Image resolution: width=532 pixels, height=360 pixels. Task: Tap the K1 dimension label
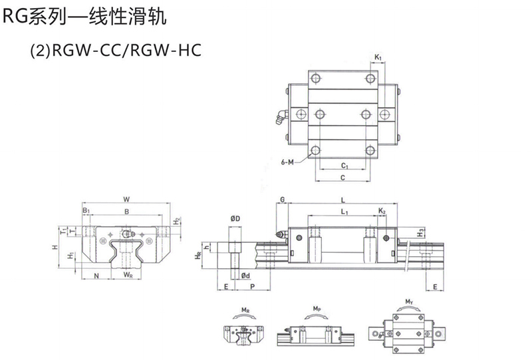pos(377,57)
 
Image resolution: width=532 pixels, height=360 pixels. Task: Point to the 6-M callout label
pos(288,162)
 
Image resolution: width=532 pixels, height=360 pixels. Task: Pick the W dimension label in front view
pos(126,198)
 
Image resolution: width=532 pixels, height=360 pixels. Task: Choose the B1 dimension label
pos(86,211)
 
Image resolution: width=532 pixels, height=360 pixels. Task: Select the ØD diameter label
pos(235,218)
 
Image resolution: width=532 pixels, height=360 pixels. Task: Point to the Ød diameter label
pos(245,275)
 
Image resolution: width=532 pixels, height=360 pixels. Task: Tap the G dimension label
pos(282,199)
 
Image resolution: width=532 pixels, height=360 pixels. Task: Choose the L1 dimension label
pos(343,212)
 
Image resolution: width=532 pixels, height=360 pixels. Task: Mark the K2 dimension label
pos(382,211)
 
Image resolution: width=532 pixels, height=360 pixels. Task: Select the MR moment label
pos(245,310)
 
